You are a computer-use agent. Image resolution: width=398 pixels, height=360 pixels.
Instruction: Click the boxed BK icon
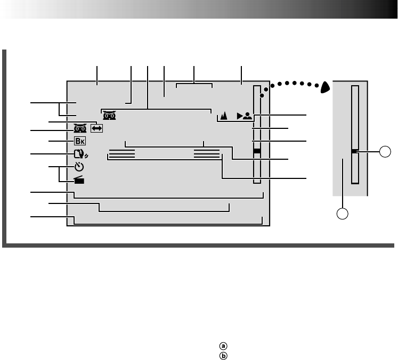pos(79,142)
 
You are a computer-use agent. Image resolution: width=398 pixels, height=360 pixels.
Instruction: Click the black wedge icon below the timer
pos(79,181)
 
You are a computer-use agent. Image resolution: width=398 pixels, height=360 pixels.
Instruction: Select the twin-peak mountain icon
pos(224,114)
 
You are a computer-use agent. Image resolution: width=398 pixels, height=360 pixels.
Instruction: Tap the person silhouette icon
pos(247,114)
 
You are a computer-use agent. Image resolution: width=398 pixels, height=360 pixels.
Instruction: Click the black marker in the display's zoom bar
pos(257,151)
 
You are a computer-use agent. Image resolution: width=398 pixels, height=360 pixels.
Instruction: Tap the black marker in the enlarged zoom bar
pos(354,152)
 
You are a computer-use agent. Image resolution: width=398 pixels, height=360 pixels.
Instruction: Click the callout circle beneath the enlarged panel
pos(343,214)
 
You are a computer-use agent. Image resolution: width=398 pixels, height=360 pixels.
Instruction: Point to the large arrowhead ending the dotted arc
pos(326,86)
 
